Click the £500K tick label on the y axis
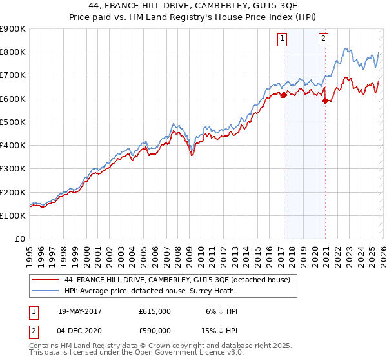[x=12, y=122]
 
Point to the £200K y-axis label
[x=12, y=192]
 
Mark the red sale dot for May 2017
[x=283, y=95]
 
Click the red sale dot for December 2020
[x=325, y=101]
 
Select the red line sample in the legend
[x=46, y=280]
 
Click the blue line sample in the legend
[x=46, y=291]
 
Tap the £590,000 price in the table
[x=155, y=331]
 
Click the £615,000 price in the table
[x=155, y=311]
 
